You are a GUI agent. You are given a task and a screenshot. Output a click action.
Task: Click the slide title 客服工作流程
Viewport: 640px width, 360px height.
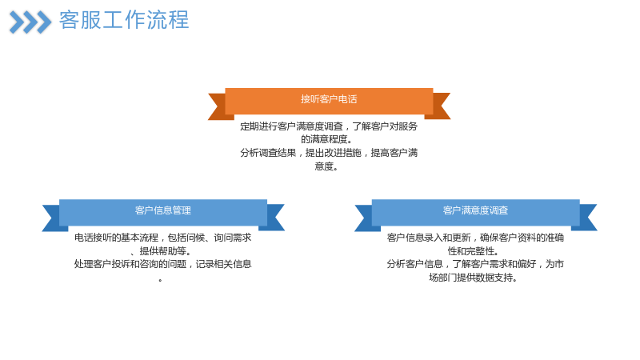[124, 19]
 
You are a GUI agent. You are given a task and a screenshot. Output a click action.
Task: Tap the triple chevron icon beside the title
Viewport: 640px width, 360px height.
[30, 22]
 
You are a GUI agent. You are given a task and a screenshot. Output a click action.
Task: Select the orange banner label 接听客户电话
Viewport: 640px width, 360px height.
[329, 99]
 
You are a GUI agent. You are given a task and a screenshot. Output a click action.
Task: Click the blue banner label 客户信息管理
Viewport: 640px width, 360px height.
[163, 210]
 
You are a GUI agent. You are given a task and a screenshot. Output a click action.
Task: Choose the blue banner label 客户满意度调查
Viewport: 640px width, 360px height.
[475, 210]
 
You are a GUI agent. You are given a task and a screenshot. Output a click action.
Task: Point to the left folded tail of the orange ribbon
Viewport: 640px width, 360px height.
[218, 106]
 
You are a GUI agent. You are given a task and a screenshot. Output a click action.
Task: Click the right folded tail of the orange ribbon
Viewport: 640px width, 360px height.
[439, 106]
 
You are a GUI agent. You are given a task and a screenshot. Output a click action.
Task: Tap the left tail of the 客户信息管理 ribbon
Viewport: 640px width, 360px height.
[53, 218]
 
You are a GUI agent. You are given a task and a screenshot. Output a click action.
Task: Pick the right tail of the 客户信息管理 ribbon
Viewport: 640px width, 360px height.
[274, 218]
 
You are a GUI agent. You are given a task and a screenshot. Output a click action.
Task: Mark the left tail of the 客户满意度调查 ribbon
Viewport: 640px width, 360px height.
[366, 218]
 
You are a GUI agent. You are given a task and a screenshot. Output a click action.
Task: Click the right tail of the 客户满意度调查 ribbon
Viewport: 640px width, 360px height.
[586, 218]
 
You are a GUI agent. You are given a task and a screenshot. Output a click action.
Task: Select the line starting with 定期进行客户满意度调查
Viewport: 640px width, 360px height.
[329, 126]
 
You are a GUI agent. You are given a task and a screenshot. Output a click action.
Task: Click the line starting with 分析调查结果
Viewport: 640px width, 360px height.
[329, 153]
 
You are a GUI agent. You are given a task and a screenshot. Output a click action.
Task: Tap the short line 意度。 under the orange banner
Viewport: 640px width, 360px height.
[326, 166]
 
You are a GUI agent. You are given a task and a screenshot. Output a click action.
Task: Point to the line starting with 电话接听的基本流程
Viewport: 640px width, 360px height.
[163, 238]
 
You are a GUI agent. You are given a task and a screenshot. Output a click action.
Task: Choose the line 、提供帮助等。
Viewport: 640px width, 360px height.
[161, 251]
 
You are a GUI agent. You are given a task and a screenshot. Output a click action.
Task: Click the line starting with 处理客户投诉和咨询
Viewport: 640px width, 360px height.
[163, 264]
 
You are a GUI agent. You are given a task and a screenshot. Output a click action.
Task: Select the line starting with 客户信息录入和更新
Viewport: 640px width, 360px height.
[475, 238]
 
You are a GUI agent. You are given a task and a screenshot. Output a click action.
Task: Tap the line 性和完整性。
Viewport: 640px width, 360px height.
[473, 251]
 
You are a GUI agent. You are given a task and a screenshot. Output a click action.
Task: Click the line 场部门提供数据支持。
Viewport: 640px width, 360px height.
[474, 278]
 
